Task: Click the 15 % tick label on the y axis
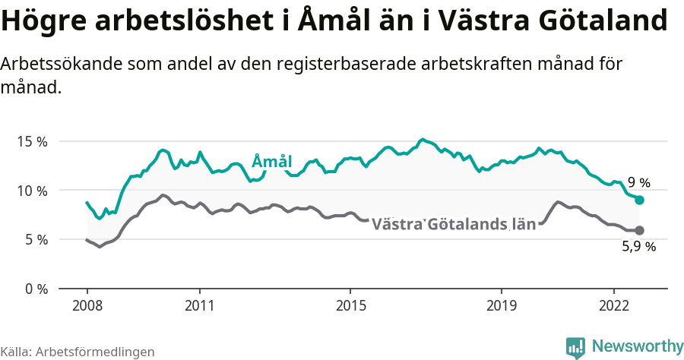31,141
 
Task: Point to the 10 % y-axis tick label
31,191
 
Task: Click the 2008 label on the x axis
87,305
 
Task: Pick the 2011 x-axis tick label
199,305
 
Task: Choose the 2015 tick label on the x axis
350,305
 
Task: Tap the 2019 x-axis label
501,305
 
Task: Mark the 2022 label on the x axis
613,305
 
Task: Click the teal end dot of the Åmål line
640,200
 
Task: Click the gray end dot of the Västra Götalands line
640,230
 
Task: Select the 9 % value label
639,182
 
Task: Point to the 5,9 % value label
638,246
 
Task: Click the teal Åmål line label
271,161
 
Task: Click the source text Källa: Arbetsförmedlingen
78,352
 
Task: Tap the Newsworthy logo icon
575,347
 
